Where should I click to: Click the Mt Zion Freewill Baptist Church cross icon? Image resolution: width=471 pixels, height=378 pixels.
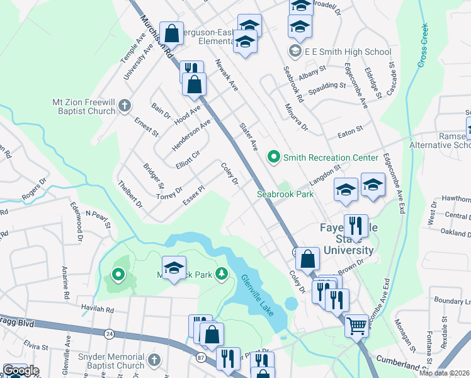tap(125, 105)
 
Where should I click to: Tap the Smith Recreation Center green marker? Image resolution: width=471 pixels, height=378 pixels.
tap(273, 156)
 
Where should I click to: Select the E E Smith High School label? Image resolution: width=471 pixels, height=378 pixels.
tap(348, 52)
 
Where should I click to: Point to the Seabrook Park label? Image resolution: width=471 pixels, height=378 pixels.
tap(285, 194)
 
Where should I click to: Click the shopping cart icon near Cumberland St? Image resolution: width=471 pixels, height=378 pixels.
tap(356, 325)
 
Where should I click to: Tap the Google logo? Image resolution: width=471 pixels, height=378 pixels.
tap(20, 370)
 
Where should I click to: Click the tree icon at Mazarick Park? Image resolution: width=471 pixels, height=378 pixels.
tap(221, 273)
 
